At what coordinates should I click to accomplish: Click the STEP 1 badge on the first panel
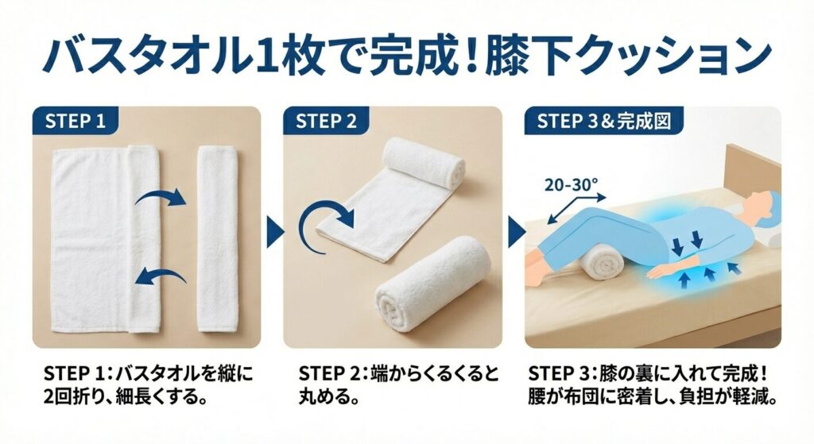(x=76, y=121)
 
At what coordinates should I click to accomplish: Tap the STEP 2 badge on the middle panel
(x=326, y=121)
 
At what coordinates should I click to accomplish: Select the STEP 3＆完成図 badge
(x=604, y=121)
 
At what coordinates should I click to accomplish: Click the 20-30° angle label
(x=572, y=184)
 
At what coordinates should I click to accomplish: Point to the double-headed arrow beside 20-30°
(x=576, y=210)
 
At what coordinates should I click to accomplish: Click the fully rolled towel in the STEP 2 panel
(x=433, y=284)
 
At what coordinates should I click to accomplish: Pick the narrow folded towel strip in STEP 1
(x=218, y=239)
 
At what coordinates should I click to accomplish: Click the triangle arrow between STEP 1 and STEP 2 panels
(x=275, y=231)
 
